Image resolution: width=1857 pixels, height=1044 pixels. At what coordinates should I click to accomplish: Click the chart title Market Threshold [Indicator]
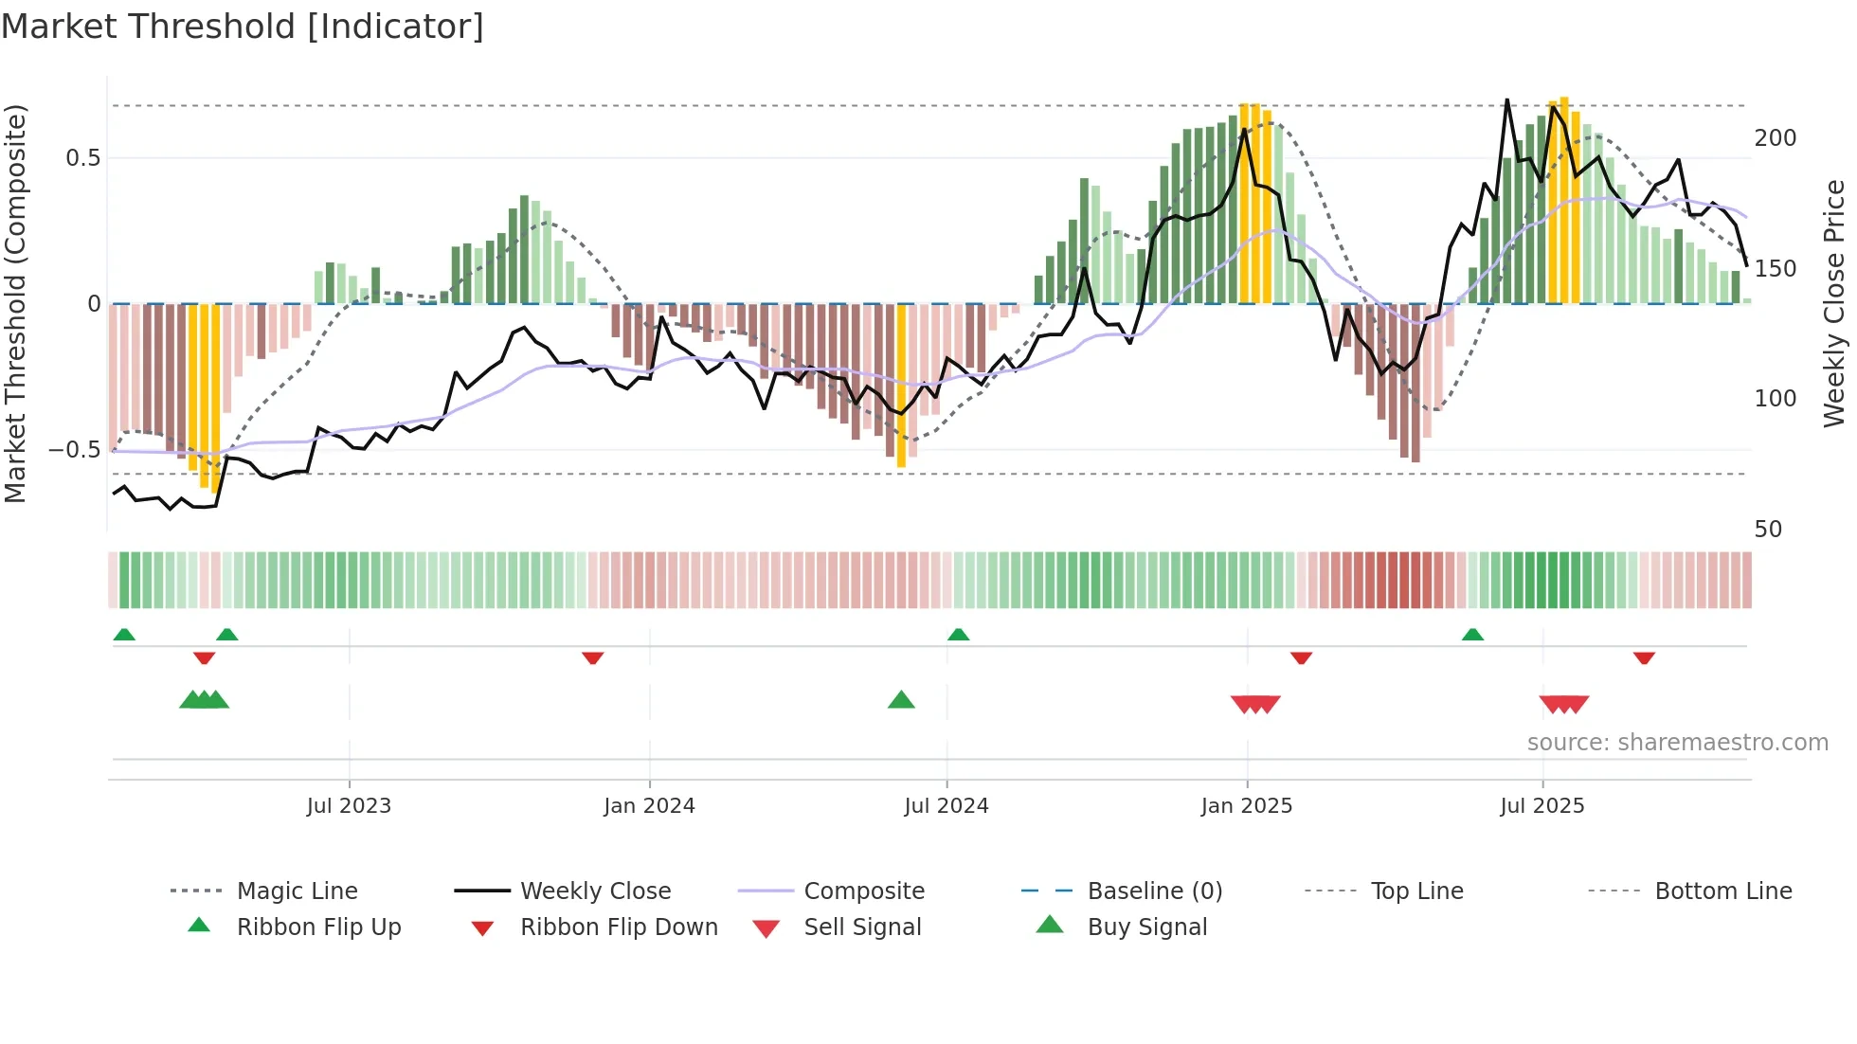pos(243,27)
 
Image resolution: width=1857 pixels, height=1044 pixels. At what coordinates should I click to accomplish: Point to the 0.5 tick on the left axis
pos(83,158)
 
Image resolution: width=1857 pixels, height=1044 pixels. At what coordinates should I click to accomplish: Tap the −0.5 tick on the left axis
pos(76,450)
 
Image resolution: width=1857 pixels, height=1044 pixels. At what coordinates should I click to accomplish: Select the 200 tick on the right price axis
pos(1775,138)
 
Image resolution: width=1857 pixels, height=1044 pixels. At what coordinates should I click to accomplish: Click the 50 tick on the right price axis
pos(1768,530)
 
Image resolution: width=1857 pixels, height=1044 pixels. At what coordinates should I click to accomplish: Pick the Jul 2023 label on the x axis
pos(349,806)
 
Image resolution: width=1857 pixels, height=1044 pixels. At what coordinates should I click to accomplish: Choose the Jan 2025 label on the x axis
pos(1246,806)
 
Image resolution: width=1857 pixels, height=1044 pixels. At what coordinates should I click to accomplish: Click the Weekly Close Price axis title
pos(1834,303)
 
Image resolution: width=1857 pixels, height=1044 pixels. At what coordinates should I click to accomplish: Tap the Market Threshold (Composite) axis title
pos(15,303)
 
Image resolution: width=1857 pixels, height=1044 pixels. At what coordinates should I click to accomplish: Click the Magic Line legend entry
pos(297,891)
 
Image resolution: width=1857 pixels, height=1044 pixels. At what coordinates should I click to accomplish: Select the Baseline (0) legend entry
pos(1154,891)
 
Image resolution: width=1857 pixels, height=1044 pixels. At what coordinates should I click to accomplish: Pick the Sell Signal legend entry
pos(861,927)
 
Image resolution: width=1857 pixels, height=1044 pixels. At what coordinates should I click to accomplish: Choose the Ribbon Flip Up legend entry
pos(318,927)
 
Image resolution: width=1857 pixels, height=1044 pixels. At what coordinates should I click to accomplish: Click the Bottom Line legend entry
pos(1722,891)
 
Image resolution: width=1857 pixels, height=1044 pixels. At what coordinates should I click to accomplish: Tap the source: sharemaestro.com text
pos(1677,743)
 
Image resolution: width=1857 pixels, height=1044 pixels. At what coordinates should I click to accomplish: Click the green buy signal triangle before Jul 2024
pos(901,701)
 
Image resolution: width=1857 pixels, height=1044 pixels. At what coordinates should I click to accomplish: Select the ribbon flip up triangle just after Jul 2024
pos(958,635)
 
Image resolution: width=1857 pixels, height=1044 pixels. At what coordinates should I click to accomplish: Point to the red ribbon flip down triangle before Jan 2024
pos(593,657)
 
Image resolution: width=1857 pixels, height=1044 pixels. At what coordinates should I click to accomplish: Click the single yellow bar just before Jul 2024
pos(901,387)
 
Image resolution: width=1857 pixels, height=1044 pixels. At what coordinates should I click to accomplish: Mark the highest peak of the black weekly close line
pos(1506,99)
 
